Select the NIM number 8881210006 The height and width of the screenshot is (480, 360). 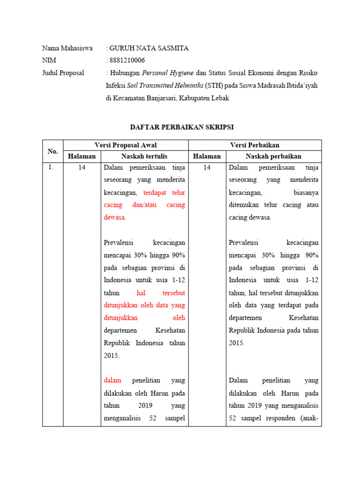tap(127, 60)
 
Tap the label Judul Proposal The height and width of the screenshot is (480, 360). tap(63, 73)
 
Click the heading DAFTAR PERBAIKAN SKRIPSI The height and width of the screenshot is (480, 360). tap(181, 127)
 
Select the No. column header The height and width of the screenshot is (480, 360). tap(52, 151)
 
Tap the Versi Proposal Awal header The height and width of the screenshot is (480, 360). tap(126, 145)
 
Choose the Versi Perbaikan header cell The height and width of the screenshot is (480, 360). tap(255, 145)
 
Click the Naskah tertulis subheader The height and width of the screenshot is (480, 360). tap(144, 157)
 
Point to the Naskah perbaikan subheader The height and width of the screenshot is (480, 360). tap(273, 157)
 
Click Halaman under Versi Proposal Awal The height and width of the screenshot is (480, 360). tap(82, 157)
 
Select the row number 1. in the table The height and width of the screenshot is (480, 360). tap(51, 168)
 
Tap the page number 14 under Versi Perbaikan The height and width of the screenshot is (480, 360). tap(207, 168)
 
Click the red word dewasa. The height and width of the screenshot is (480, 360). tap(115, 217)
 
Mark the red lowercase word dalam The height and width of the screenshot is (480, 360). tap(112, 380)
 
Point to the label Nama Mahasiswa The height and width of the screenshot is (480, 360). tap(67, 48)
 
